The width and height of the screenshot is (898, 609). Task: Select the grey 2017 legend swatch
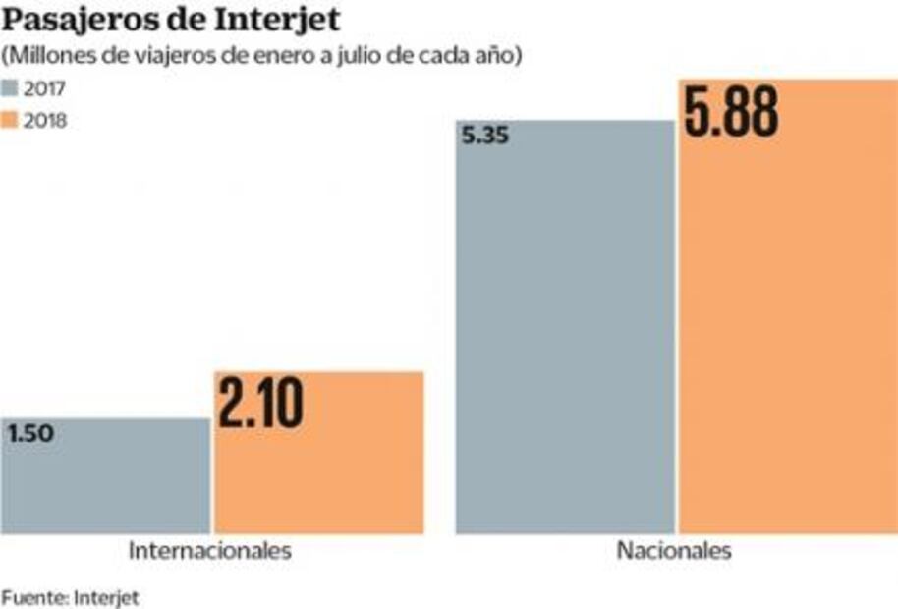tap(13, 88)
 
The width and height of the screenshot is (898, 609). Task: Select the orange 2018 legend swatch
tap(13, 121)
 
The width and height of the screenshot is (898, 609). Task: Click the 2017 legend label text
tap(47, 88)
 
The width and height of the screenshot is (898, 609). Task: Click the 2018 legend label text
tap(47, 121)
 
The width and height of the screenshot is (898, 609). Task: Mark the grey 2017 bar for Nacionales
tap(565, 344)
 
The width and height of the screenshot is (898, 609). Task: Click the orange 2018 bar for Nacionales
tap(786, 344)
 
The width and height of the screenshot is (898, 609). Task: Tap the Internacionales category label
tap(210, 551)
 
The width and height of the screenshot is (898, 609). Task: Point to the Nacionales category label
tap(674, 551)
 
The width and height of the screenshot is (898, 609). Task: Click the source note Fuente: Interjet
tap(70, 596)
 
